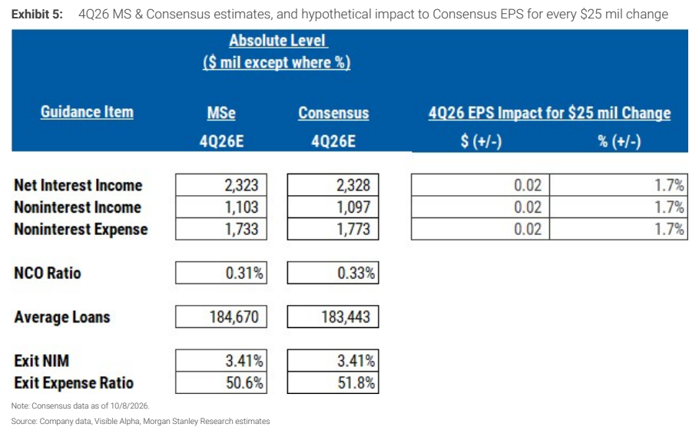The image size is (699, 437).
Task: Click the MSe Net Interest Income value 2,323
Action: point(241,185)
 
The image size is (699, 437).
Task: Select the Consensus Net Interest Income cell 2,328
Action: point(333,184)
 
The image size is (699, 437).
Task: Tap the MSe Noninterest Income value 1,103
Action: point(241,207)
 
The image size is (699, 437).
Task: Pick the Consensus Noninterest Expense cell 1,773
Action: point(333,229)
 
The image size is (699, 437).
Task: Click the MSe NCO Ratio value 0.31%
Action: point(244,273)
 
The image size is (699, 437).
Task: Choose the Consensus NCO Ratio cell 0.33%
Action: point(333,273)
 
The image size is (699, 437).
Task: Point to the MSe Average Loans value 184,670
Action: point(234,316)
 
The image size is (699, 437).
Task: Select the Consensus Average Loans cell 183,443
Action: point(333,316)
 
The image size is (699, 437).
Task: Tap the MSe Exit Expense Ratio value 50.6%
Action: point(244,382)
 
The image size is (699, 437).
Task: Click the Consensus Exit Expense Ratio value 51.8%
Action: point(356,382)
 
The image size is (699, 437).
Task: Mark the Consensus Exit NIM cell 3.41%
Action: point(333,360)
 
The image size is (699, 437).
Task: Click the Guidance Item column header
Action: point(87,112)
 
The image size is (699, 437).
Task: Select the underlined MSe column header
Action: point(221,113)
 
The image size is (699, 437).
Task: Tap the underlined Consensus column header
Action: point(333,113)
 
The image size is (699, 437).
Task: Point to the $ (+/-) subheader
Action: point(481,141)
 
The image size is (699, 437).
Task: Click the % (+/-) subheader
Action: point(619,141)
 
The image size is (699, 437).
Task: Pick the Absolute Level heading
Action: point(277,41)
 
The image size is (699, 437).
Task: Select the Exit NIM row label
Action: point(41,361)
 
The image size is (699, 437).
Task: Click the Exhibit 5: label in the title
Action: point(37,15)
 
